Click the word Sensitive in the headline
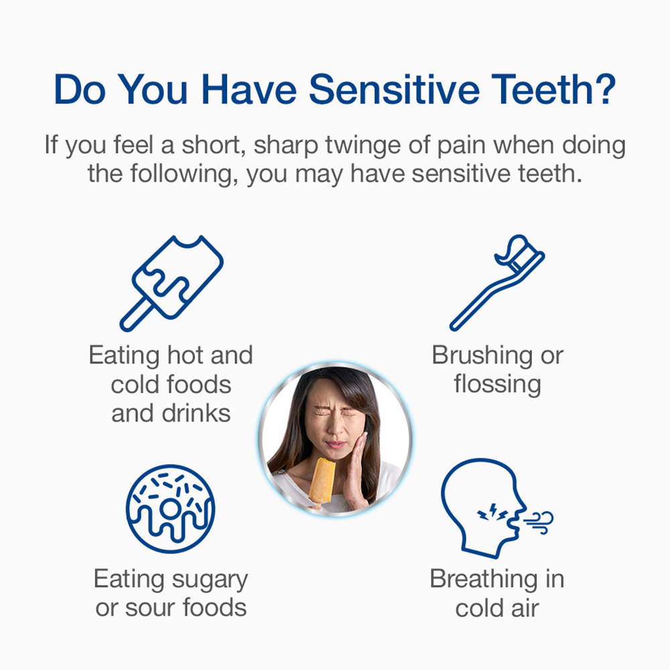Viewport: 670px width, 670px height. click(394, 90)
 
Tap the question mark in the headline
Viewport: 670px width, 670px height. click(604, 89)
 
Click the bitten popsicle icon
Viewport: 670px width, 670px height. click(172, 283)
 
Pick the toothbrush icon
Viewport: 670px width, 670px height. click(497, 283)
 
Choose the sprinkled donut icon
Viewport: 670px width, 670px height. click(170, 509)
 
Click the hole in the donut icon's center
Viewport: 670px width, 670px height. click(170, 508)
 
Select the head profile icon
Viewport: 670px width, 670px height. click(485, 508)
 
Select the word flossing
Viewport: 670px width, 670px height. click(497, 384)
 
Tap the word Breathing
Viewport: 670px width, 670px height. click(482, 580)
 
